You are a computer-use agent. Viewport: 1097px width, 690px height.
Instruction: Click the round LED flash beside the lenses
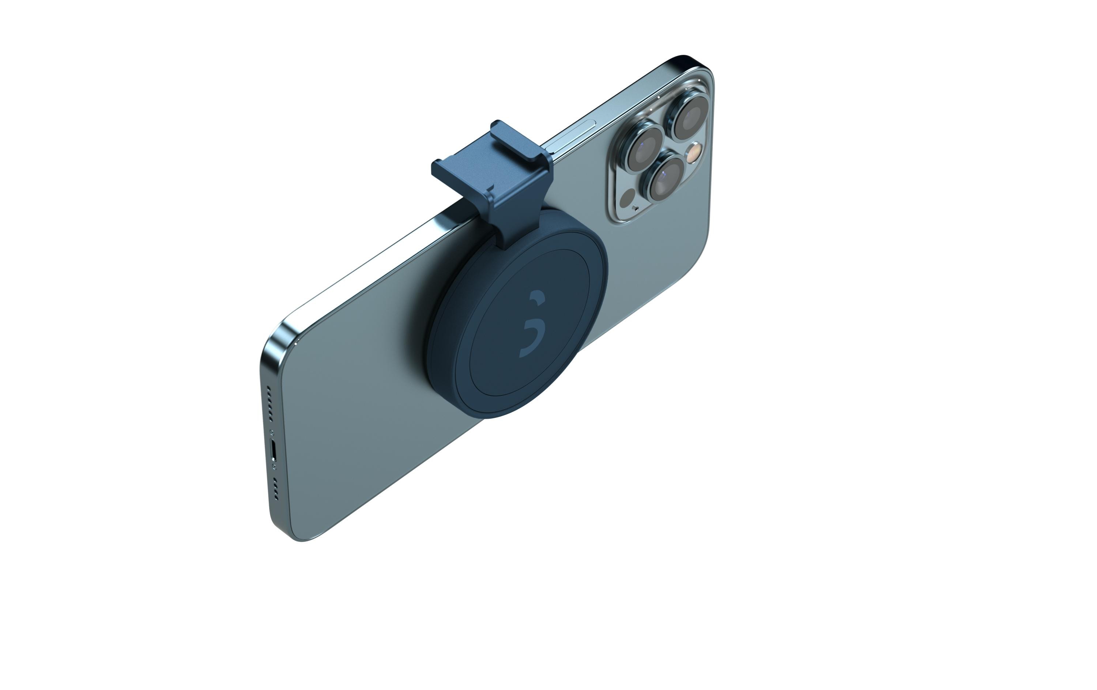pos(693,153)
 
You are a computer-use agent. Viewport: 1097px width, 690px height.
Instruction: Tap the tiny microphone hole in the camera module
pos(636,209)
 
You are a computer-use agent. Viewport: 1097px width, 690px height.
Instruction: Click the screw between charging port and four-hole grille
pos(274,467)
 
